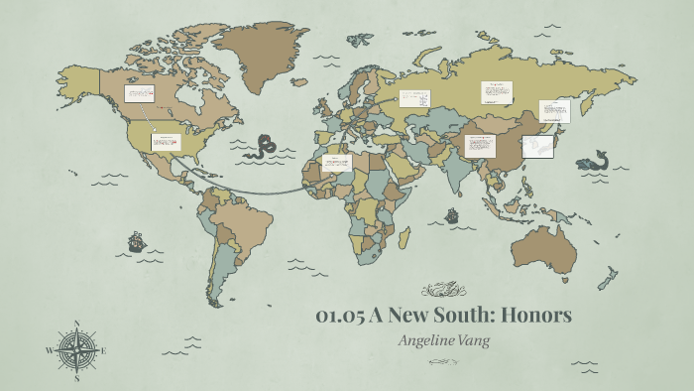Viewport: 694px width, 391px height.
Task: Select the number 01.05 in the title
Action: [x=340, y=317]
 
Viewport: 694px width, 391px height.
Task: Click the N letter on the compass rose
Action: [x=77, y=325]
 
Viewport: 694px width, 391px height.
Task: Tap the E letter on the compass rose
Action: [x=103, y=350]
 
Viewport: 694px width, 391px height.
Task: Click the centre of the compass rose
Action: [x=77, y=350]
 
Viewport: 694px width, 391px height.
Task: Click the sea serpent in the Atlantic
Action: [x=263, y=147]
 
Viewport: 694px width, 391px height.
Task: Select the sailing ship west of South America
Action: [x=137, y=241]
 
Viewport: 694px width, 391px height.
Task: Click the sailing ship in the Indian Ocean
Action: [x=452, y=214]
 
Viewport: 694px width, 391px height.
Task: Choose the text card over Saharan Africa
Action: [x=336, y=163]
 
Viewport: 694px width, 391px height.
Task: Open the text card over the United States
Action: [x=164, y=141]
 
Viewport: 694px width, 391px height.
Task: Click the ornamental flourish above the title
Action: [x=442, y=291]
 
